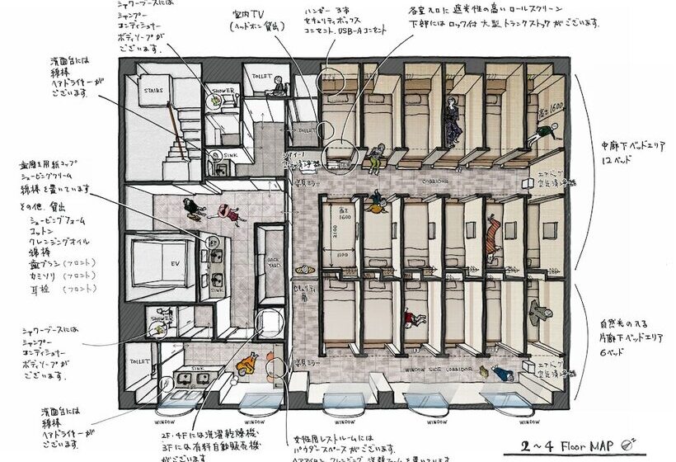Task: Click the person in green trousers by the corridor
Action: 376,153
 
